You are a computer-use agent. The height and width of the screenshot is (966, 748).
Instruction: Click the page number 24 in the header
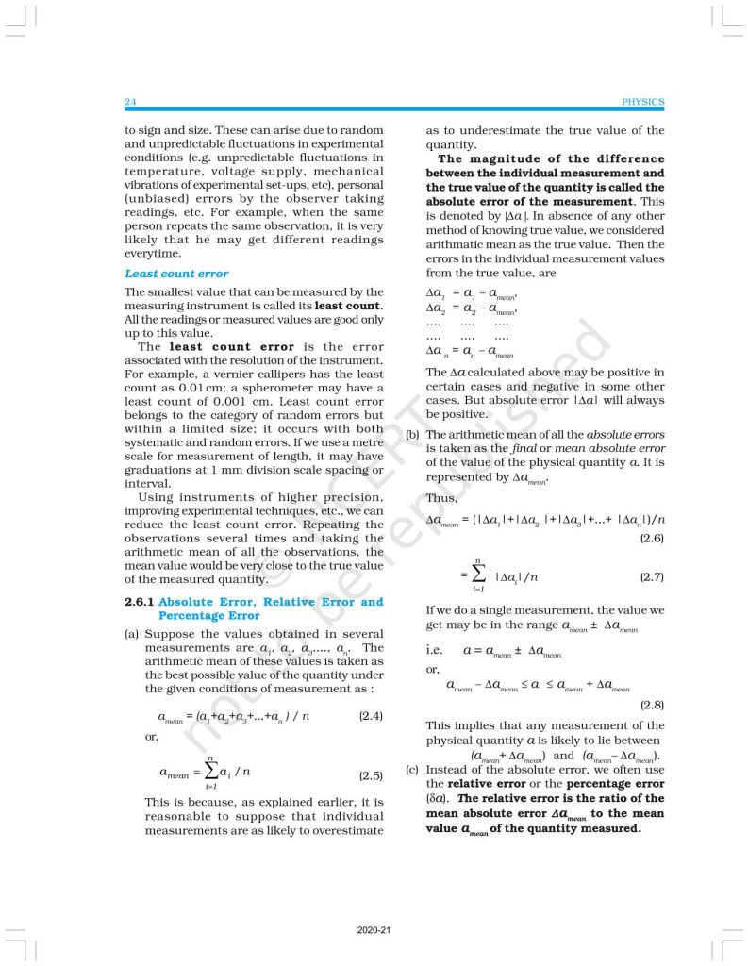pos(131,102)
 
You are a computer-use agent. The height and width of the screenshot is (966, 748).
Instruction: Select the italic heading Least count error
pos(176,274)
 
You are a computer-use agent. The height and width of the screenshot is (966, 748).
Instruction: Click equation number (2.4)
pos(371,717)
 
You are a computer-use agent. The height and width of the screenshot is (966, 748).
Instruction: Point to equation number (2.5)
pos(371,776)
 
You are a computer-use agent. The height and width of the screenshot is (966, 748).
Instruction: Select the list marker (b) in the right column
pos(412,435)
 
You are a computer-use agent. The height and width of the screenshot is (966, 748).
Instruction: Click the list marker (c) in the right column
pos(412,769)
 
